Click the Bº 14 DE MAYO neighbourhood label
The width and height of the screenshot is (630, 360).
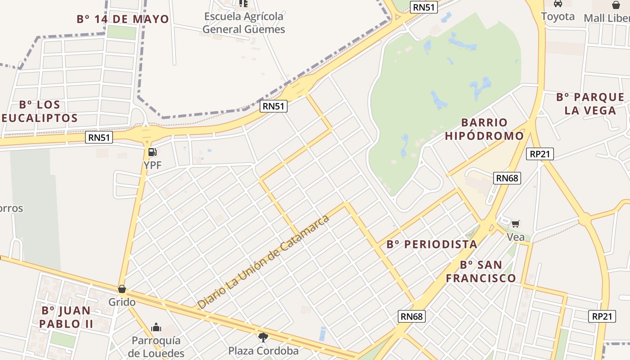click(x=123, y=19)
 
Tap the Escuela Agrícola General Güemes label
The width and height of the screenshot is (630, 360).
click(x=243, y=23)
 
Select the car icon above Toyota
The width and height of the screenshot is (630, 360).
click(x=558, y=4)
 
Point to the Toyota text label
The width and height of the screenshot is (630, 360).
click(x=558, y=17)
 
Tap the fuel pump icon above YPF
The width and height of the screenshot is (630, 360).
click(x=153, y=152)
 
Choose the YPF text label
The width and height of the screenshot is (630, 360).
click(x=153, y=165)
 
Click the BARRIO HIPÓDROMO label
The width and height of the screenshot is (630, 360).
click(x=485, y=129)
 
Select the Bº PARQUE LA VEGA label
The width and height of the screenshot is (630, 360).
click(x=590, y=104)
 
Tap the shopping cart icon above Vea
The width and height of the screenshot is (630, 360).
click(x=516, y=224)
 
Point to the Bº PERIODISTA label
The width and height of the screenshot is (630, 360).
click(x=432, y=244)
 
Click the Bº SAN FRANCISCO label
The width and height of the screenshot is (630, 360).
click(x=481, y=271)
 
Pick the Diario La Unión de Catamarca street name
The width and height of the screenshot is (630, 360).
click(x=264, y=262)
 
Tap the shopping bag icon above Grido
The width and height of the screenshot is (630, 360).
click(x=121, y=289)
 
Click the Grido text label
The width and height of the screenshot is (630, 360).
click(x=122, y=301)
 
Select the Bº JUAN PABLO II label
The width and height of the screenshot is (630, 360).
click(x=66, y=317)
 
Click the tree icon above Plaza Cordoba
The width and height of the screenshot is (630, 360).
click(x=263, y=337)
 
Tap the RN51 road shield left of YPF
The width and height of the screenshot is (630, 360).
click(x=99, y=138)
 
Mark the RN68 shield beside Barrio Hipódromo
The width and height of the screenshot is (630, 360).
click(x=507, y=178)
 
